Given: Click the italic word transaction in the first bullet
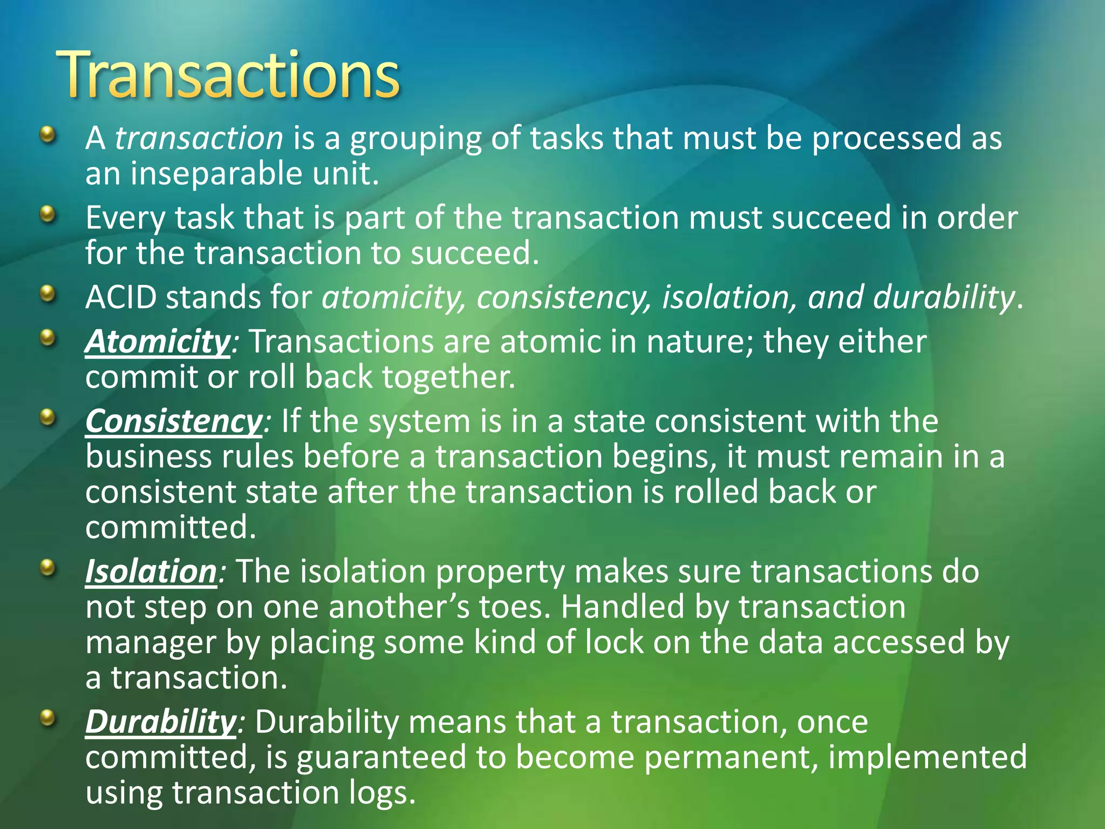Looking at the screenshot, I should point(199,138).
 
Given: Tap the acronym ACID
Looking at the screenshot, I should point(121,297).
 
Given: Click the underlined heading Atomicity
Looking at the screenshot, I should point(158,342).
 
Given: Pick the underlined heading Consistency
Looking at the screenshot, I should point(173,421).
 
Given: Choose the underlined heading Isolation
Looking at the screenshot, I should point(151,571).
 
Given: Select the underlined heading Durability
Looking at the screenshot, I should point(160,722).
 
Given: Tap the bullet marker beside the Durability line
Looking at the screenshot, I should point(48,718).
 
